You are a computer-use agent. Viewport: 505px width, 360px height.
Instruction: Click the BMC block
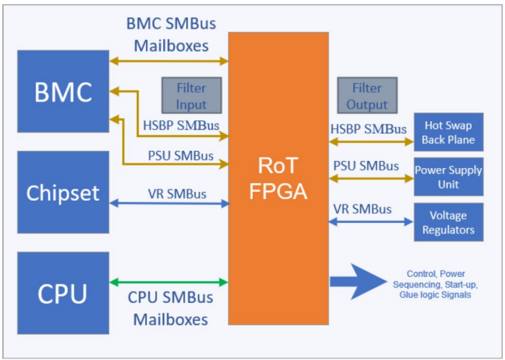(x=63, y=92)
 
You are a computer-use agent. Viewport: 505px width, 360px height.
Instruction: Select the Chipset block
(x=63, y=193)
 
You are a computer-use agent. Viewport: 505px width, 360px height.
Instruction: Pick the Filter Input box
(x=190, y=96)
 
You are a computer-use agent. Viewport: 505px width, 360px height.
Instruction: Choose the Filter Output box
(x=366, y=96)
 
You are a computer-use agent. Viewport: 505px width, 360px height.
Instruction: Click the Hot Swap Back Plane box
(x=448, y=132)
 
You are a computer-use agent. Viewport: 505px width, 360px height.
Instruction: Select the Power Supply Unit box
(x=448, y=177)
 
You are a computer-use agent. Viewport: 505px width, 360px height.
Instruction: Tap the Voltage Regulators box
(x=448, y=222)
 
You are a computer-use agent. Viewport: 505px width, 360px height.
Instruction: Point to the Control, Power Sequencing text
(x=437, y=283)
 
